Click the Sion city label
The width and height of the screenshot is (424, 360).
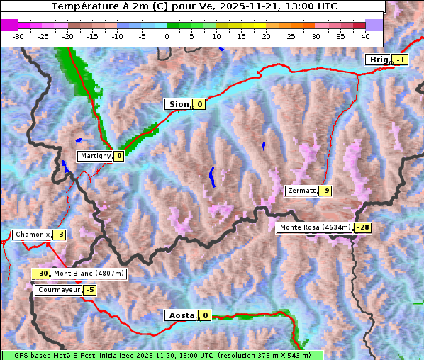click(x=178, y=104)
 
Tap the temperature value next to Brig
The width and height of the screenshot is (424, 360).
click(x=401, y=60)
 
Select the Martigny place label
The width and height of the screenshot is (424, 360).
click(x=95, y=156)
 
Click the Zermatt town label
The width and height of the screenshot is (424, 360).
click(x=301, y=191)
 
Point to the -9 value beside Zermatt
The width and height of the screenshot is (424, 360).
click(x=325, y=191)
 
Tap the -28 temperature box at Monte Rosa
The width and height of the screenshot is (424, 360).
click(x=363, y=227)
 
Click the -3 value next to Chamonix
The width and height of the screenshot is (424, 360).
click(x=59, y=235)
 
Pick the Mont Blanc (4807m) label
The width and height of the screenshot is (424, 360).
click(x=89, y=274)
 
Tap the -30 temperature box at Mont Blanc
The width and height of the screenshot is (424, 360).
click(x=42, y=274)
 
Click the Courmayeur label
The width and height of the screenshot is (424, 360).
click(x=58, y=290)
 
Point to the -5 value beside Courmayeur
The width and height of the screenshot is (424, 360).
click(x=89, y=290)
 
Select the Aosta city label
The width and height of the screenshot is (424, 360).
click(x=180, y=315)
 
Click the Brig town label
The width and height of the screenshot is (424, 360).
click(x=378, y=60)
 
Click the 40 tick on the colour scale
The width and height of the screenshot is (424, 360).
click(x=365, y=35)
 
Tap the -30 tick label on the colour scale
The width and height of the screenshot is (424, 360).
click(x=18, y=35)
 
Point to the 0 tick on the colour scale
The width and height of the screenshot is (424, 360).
click(x=167, y=35)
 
